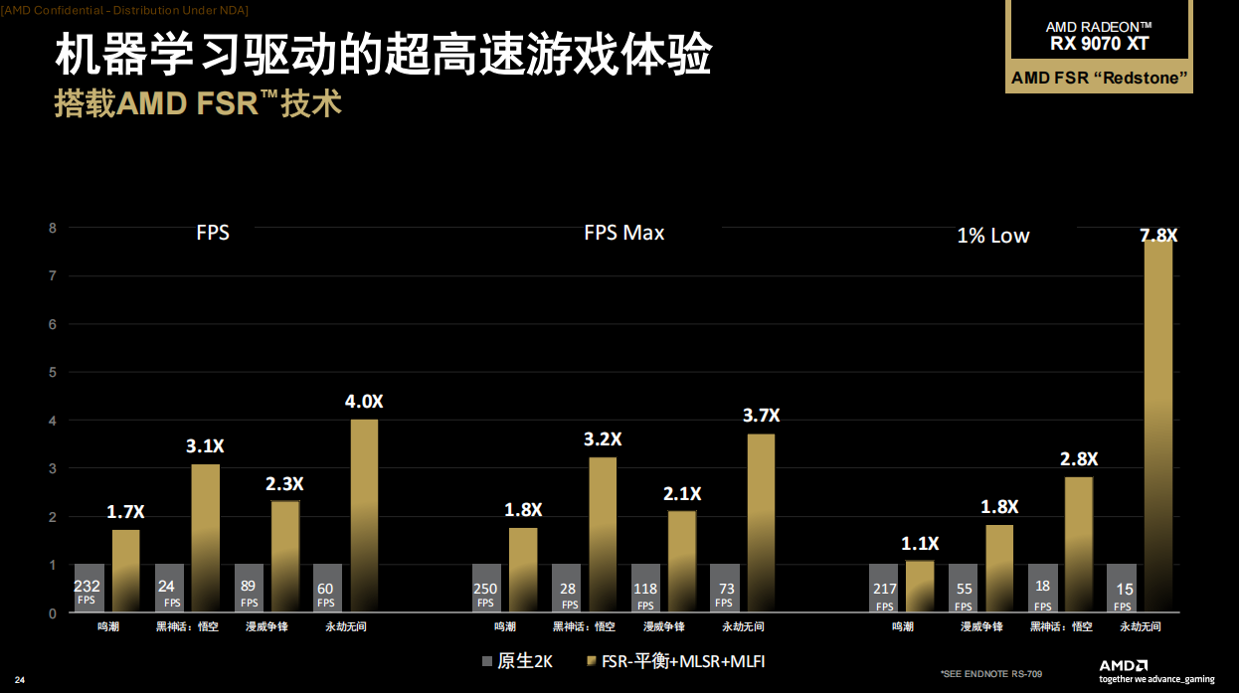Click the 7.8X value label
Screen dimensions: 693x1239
point(1158,236)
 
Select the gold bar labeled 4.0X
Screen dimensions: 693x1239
point(364,515)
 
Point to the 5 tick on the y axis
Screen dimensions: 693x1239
point(53,372)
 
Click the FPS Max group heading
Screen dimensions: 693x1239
point(623,233)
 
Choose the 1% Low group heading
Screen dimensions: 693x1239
point(992,236)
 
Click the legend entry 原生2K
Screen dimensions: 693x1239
point(517,661)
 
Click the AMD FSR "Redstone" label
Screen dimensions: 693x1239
point(1100,79)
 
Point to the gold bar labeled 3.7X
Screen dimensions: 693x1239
point(761,522)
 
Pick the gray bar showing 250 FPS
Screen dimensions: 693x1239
point(486,588)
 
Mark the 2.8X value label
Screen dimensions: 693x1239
point(1078,458)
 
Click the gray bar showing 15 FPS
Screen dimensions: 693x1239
point(1122,588)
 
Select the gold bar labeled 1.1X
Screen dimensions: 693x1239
point(920,587)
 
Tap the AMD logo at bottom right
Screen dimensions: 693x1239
point(1125,665)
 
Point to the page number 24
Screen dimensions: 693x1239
point(19,679)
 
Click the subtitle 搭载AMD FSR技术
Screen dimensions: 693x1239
point(198,104)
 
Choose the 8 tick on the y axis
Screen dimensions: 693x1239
point(53,228)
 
